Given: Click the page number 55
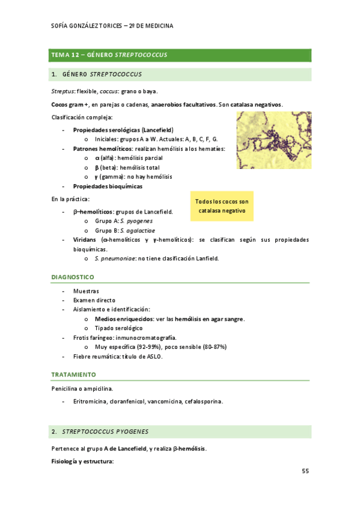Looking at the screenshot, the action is pyautogui.click(x=305, y=471).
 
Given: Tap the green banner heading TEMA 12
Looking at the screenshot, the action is pyautogui.click(x=109, y=55).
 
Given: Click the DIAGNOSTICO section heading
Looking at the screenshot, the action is pyautogui.click(x=73, y=277).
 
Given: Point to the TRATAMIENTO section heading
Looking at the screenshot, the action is pyautogui.click(x=73, y=374).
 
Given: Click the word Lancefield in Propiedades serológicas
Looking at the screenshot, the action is pyautogui.click(x=159, y=130).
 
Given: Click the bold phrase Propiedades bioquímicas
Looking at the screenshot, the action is pyautogui.click(x=108, y=186).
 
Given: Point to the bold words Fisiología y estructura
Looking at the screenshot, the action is pyautogui.click(x=82, y=461).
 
